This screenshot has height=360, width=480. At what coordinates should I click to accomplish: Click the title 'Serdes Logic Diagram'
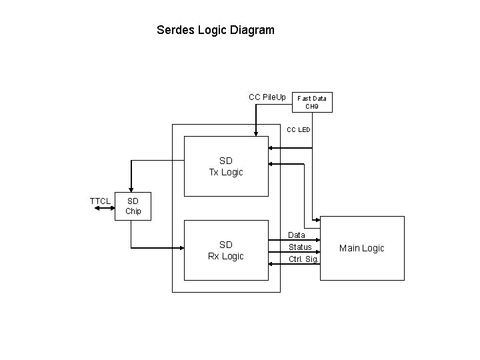coord(215,30)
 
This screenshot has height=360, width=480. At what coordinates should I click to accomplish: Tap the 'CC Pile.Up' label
coord(267,97)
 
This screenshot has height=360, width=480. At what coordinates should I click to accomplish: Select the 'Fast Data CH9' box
coord(312,101)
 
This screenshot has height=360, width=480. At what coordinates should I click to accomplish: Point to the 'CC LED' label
coord(298,129)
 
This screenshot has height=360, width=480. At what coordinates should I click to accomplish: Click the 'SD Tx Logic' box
coord(226,166)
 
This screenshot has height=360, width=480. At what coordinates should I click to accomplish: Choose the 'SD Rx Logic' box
coord(226,251)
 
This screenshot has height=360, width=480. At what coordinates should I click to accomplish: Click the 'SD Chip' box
coord(133,206)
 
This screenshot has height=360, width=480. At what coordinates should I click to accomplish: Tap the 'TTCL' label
coord(100,201)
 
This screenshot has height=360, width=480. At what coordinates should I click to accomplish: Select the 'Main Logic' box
coord(361,248)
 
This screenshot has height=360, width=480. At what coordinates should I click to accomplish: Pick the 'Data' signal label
coord(297,235)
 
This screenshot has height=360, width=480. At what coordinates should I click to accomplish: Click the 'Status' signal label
coord(300,247)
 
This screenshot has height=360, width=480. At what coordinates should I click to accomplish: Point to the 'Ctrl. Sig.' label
coord(303,259)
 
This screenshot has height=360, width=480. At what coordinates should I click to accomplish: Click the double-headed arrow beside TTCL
coord(105,209)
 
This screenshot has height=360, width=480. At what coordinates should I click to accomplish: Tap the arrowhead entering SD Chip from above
coord(131,189)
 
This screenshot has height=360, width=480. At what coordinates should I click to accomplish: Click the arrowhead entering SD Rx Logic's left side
coord(180,248)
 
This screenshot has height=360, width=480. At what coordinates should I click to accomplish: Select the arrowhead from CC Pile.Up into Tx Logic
coord(254,133)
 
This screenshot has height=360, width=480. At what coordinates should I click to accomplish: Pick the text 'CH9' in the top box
coord(312,106)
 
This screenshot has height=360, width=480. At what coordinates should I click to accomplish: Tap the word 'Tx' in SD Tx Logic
coord(215,172)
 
